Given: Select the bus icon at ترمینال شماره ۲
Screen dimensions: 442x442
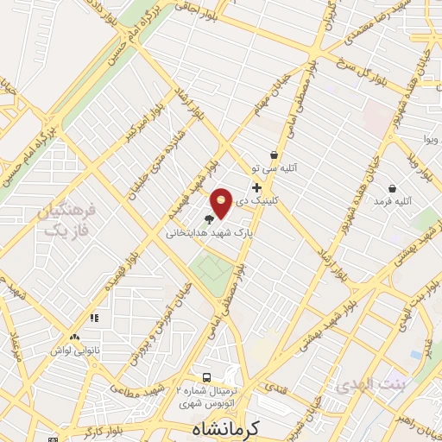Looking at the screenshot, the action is pos(206,377).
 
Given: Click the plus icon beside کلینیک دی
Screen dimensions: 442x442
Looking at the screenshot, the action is pos(256,187).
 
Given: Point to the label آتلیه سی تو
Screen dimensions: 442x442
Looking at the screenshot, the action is pos(273,168).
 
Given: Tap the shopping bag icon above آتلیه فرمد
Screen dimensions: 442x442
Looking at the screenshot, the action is pos(393,187).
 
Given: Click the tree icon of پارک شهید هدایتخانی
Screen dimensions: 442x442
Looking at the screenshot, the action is pos(209,219).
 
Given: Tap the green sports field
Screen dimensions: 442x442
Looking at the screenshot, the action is pos(211,268).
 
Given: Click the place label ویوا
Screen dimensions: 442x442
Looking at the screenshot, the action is pos(429,139).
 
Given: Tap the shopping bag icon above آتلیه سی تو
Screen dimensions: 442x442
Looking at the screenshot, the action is pos(274,155).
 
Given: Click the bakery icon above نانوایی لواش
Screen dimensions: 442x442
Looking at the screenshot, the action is pos(75,338).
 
